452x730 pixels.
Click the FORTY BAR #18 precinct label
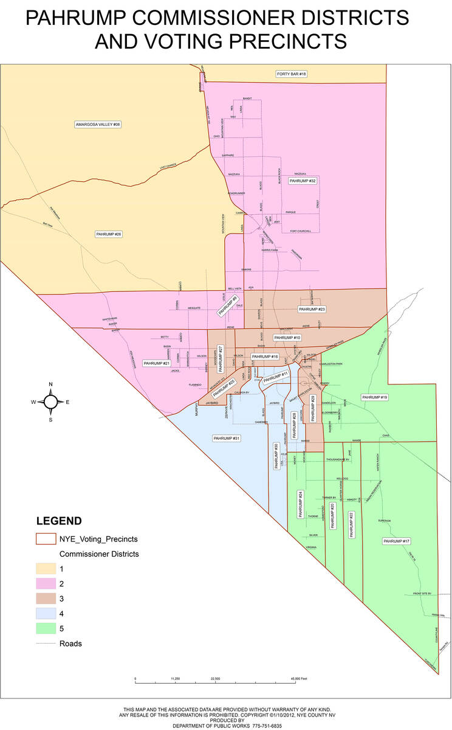(x=292, y=74)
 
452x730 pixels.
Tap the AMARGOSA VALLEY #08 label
(x=98, y=124)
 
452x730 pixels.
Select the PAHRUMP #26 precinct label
(x=109, y=234)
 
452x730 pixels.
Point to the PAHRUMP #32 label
(x=303, y=181)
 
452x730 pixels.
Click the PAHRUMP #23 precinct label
(x=312, y=309)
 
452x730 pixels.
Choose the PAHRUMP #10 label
(x=287, y=337)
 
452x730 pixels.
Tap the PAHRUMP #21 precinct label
(x=157, y=363)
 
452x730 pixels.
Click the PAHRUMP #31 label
(x=227, y=438)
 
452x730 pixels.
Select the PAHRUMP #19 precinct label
(x=375, y=397)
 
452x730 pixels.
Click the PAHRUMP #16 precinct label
(x=265, y=356)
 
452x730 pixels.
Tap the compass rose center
(x=51, y=401)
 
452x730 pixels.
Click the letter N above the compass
(x=51, y=384)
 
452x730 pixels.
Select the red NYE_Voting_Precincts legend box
(x=46, y=538)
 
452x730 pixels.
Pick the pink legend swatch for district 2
(x=46, y=583)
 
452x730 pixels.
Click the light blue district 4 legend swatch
(x=46, y=613)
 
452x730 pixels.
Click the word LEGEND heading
(x=59, y=521)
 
